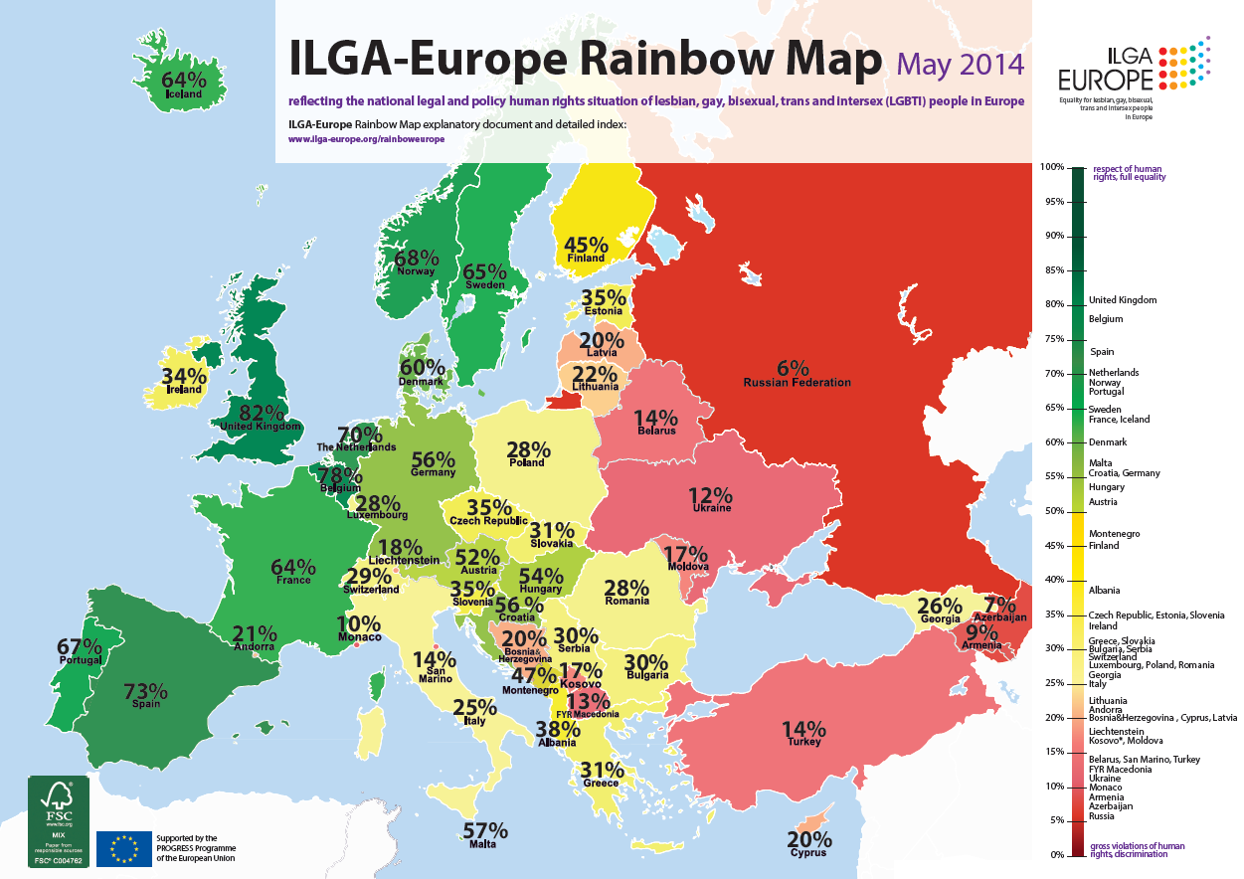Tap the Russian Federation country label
(797, 382)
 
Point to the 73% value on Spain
(145, 691)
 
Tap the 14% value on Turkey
(803, 728)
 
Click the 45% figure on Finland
(586, 245)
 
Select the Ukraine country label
(711, 508)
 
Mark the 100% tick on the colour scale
(1052, 167)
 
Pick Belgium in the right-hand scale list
(1106, 319)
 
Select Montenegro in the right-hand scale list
(1114, 534)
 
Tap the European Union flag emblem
(124, 847)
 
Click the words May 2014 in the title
(960, 65)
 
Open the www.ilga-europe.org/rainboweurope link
(366, 140)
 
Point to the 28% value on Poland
(526, 448)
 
